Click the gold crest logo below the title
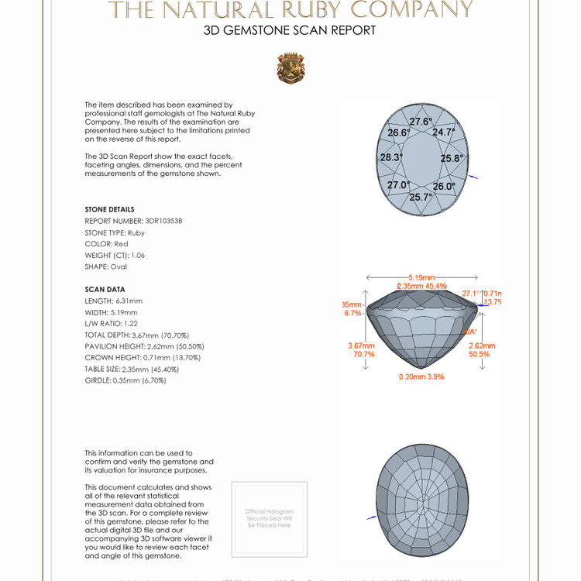tap(290, 68)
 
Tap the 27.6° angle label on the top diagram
tap(421, 122)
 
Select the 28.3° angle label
tap(391, 157)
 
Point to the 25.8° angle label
tap(452, 158)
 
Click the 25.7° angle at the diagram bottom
tap(421, 197)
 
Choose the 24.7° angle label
tap(443, 132)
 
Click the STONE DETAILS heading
tap(109, 209)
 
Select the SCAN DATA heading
tap(105, 289)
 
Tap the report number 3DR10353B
tap(163, 221)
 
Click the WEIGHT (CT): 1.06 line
tap(115, 255)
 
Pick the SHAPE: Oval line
tap(105, 266)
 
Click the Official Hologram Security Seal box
tap(269, 518)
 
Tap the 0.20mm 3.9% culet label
tap(421, 376)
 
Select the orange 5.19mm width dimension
tap(421, 277)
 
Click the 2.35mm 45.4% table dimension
tap(421, 286)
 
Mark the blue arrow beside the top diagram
tap(474, 177)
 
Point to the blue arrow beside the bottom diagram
tap(372, 517)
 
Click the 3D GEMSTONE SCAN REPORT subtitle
tap(290, 30)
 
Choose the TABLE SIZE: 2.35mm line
tap(129, 369)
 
